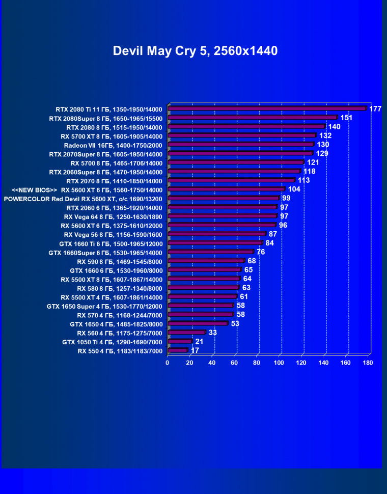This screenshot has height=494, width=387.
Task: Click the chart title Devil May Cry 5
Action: pyautogui.click(x=195, y=51)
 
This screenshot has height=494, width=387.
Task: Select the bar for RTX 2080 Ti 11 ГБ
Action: pyautogui.click(x=267, y=108)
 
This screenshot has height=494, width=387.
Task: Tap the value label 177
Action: pyautogui.click(x=376, y=109)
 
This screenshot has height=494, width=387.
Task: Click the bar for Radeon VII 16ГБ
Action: pyautogui.click(x=240, y=145)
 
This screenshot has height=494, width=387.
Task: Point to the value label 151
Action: pyautogui.click(x=347, y=118)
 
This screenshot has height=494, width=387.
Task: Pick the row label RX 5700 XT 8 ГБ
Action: pyautogui.click(x=112, y=136)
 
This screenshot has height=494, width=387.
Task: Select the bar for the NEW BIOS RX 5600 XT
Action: pyautogui.click(x=226, y=189)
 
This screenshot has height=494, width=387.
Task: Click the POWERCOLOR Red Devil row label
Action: pyautogui.click(x=83, y=199)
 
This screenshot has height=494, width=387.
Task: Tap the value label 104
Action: pyautogui.click(x=294, y=189)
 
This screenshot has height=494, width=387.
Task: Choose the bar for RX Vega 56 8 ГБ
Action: pyautogui.click(x=216, y=234)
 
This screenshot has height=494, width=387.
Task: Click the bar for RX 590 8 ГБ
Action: pyautogui.click(x=206, y=261)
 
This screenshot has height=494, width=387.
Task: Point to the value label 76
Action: pyautogui.click(x=261, y=252)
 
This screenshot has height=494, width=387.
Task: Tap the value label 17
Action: pyautogui.click(x=195, y=351)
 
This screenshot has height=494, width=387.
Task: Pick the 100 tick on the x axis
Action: pyautogui.click(x=279, y=363)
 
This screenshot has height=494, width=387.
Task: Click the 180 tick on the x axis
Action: pyautogui.click(x=368, y=363)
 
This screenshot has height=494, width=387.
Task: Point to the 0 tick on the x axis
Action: pyautogui.click(x=168, y=363)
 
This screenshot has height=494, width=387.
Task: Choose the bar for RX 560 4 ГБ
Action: pyautogui.click(x=186, y=333)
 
